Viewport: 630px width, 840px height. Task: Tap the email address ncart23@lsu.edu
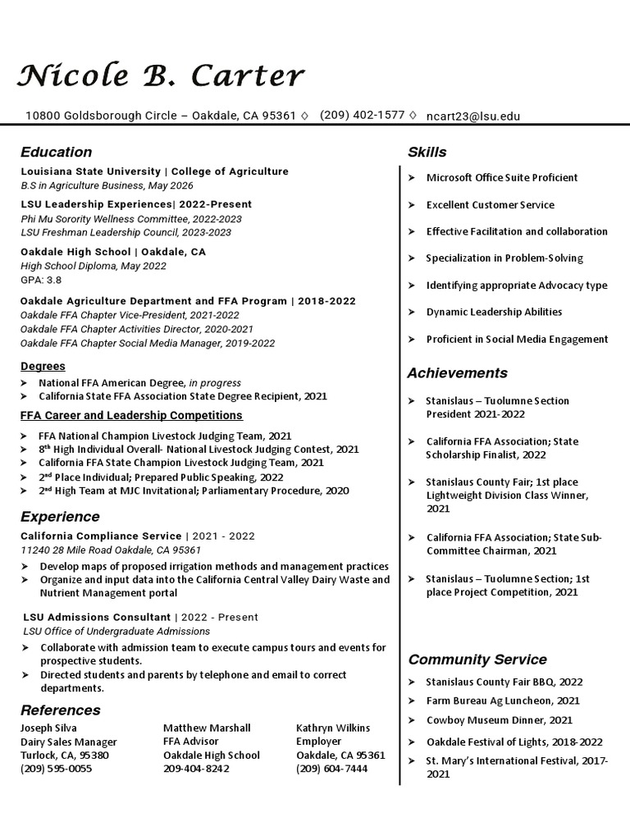pyautogui.click(x=473, y=116)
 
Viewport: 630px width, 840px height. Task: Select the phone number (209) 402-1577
pyautogui.click(x=362, y=115)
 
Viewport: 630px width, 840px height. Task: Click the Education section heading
pyautogui.click(x=57, y=152)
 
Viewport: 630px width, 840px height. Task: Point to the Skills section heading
pyautogui.click(x=427, y=152)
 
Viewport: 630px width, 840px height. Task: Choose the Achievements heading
pyautogui.click(x=458, y=373)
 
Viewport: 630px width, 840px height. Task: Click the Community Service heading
pyautogui.click(x=477, y=660)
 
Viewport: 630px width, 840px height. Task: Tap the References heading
pyautogui.click(x=61, y=710)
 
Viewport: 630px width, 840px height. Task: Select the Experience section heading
pyautogui.click(x=60, y=517)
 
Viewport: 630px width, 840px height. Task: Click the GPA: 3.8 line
pyautogui.click(x=41, y=280)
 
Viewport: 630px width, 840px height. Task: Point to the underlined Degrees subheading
pyautogui.click(x=43, y=367)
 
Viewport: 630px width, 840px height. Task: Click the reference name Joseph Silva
pyautogui.click(x=48, y=728)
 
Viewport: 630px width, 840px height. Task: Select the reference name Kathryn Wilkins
pyautogui.click(x=333, y=728)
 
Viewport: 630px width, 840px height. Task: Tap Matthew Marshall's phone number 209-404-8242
pyautogui.click(x=196, y=769)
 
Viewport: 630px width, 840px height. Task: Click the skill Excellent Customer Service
pyautogui.click(x=491, y=205)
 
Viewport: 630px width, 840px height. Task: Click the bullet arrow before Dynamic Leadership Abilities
pyautogui.click(x=412, y=313)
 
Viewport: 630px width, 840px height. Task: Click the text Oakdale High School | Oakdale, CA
pyautogui.click(x=113, y=252)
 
